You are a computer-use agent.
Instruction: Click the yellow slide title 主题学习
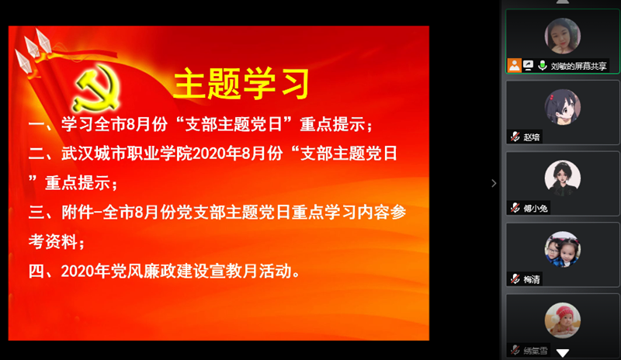click(241, 83)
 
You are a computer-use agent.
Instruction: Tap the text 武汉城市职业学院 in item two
click(127, 154)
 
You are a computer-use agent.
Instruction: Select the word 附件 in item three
click(77, 213)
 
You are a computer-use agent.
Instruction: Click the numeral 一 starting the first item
click(36, 124)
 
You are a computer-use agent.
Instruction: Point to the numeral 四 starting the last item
click(36, 272)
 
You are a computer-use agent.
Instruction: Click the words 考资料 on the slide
click(53, 241)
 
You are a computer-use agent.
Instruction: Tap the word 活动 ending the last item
click(276, 272)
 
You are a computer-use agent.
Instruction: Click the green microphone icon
click(542, 65)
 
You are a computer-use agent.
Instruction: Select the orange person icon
click(515, 65)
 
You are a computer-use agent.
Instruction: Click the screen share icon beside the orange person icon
click(529, 65)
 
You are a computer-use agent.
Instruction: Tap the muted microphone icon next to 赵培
click(515, 137)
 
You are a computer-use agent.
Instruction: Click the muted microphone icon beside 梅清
click(515, 279)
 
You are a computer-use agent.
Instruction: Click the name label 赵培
click(532, 137)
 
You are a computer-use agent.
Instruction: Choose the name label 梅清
click(532, 279)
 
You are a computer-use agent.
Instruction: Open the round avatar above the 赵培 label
click(562, 107)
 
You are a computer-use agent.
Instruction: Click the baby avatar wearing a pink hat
click(562, 320)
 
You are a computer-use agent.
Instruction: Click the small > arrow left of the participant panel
click(494, 183)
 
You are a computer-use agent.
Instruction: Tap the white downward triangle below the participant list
click(562, 352)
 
